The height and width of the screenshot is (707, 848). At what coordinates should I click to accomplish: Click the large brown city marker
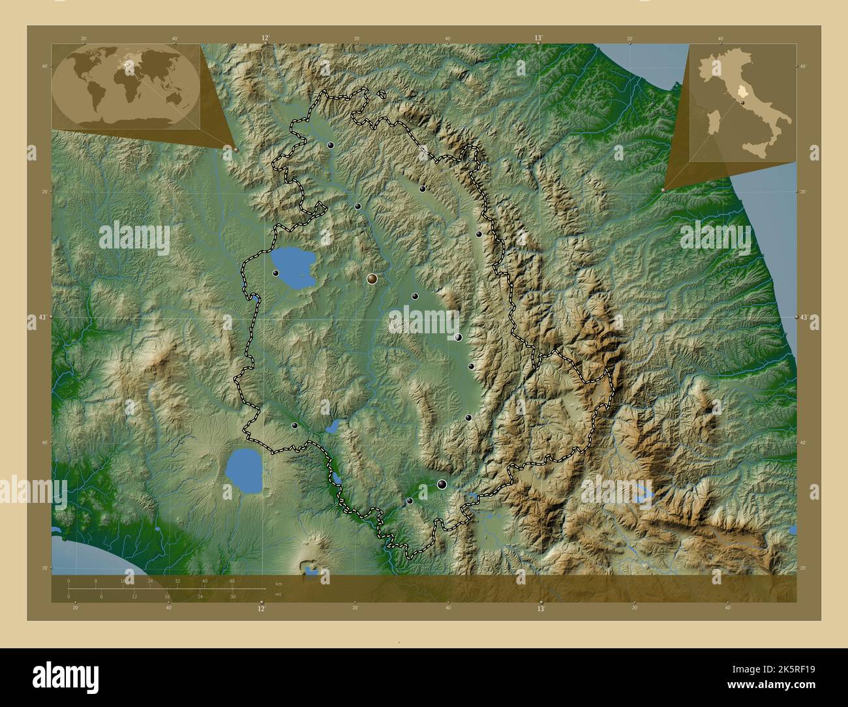coord(372,278)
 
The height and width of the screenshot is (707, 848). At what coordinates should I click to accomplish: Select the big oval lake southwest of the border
coord(244,471)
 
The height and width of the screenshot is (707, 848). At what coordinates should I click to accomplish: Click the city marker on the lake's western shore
coord(276,273)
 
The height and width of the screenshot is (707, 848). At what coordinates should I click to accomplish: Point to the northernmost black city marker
coord(331,145)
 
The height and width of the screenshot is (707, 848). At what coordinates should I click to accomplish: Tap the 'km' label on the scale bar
coord(279,584)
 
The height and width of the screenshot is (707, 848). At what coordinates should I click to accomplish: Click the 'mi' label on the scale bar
coord(278,595)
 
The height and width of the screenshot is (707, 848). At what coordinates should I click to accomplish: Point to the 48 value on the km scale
coord(232,580)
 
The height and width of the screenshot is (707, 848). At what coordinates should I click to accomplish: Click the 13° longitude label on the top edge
coord(539,38)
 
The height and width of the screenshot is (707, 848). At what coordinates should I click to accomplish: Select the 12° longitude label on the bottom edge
coord(261,609)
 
